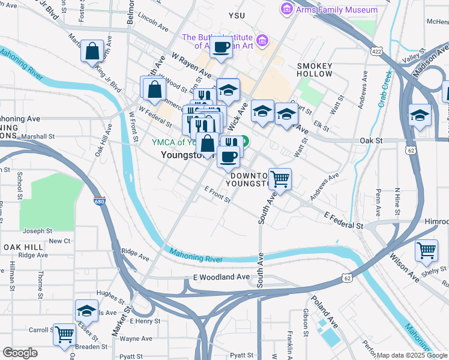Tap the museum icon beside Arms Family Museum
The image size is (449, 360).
(286, 10)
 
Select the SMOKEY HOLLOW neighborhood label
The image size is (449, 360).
(315, 69)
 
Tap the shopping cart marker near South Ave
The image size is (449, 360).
(280, 178)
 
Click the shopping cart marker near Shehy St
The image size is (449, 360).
(426, 251)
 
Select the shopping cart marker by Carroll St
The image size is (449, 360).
(64, 334)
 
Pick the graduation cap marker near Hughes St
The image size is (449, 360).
(87, 311)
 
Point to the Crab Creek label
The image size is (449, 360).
(384, 88)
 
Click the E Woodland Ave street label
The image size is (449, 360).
(221, 277)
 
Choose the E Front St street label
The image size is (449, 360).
(217, 193)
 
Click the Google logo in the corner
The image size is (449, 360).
(20, 353)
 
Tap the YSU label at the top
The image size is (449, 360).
(238, 14)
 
